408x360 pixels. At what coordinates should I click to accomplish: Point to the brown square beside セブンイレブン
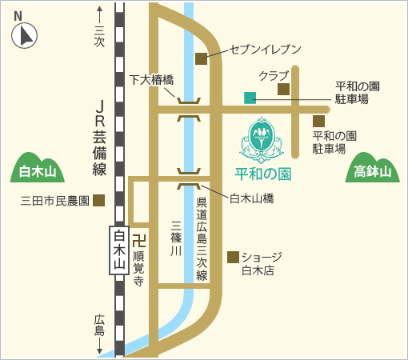click(201, 58)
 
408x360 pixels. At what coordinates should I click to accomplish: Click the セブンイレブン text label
click(265, 50)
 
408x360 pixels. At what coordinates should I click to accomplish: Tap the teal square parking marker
click(250, 98)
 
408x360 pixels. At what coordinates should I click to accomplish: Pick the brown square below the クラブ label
click(283, 90)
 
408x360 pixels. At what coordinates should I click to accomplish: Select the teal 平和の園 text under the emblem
click(262, 173)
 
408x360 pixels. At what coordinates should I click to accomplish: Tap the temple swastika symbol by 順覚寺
click(138, 239)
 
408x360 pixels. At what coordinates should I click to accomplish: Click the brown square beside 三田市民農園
click(98, 200)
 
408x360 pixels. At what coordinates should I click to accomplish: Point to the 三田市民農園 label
click(54, 201)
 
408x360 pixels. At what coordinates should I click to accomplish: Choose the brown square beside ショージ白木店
click(233, 257)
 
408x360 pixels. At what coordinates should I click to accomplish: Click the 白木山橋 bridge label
click(252, 198)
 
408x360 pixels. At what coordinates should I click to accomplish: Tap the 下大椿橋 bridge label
click(152, 79)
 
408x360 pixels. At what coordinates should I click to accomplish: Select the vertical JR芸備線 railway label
click(100, 138)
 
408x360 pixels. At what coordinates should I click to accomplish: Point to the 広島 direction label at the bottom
click(99, 324)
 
